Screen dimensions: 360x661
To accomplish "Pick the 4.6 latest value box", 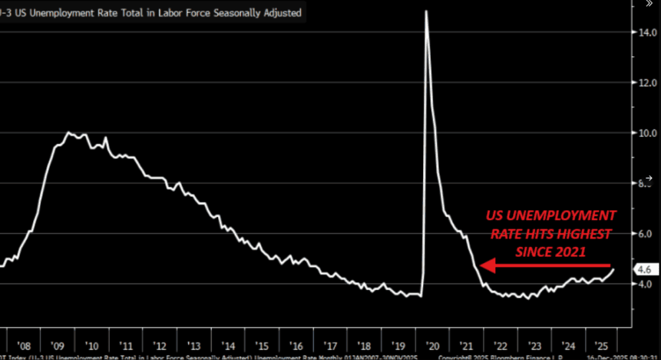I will tap(644, 270).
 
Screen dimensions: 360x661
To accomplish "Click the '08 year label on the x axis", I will tap(24, 345).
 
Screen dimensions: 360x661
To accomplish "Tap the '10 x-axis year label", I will tap(92, 345).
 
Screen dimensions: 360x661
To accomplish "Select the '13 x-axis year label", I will tap(194, 345).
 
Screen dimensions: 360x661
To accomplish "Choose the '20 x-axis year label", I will tap(432, 345).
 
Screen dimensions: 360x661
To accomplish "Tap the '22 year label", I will tap(500, 345).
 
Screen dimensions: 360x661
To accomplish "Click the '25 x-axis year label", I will tap(602, 345).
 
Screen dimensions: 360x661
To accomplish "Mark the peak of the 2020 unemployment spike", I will tap(426, 11).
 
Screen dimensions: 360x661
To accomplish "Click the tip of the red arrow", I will tap(481, 266).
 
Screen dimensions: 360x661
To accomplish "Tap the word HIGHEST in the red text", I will tap(582, 233).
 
